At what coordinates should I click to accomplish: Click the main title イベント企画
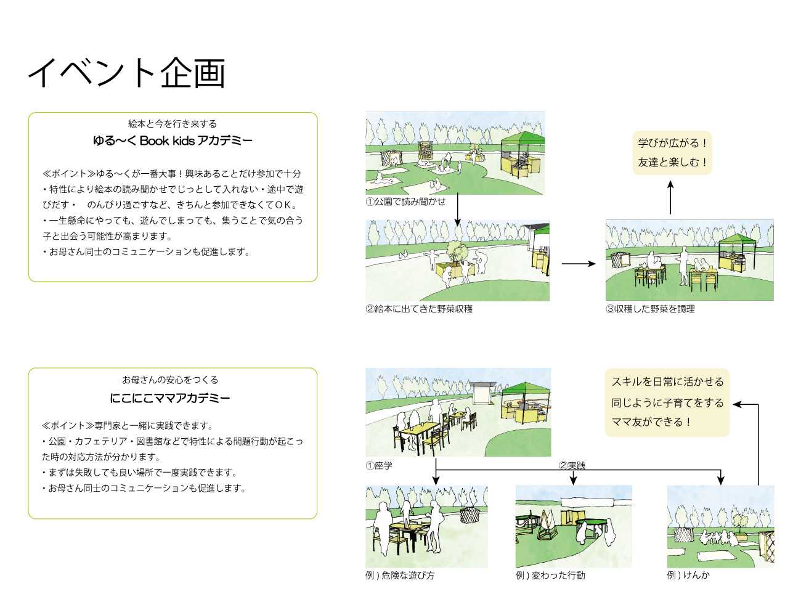click(x=127, y=73)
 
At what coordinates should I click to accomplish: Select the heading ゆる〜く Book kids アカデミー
click(x=173, y=141)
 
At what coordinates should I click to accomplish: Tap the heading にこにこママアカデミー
click(x=170, y=398)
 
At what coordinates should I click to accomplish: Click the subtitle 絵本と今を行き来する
click(x=173, y=124)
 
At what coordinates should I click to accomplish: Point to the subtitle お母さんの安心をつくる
click(x=170, y=380)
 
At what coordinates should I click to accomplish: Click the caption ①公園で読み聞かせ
click(x=405, y=202)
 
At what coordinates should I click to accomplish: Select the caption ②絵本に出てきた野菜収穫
click(x=419, y=309)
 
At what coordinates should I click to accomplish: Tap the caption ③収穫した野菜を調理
click(x=650, y=309)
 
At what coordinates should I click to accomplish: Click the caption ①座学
click(x=379, y=465)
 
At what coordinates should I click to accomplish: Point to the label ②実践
click(x=572, y=465)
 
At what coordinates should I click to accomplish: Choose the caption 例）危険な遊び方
click(x=400, y=575)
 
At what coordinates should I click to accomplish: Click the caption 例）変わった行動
click(x=550, y=575)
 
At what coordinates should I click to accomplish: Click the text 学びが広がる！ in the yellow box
click(x=673, y=143)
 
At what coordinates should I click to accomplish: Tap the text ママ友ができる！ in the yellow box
click(x=652, y=422)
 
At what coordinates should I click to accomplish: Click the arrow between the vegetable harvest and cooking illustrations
click(x=579, y=264)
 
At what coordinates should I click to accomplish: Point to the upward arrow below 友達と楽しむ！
click(x=670, y=197)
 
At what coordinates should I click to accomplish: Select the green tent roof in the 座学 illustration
click(x=526, y=388)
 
